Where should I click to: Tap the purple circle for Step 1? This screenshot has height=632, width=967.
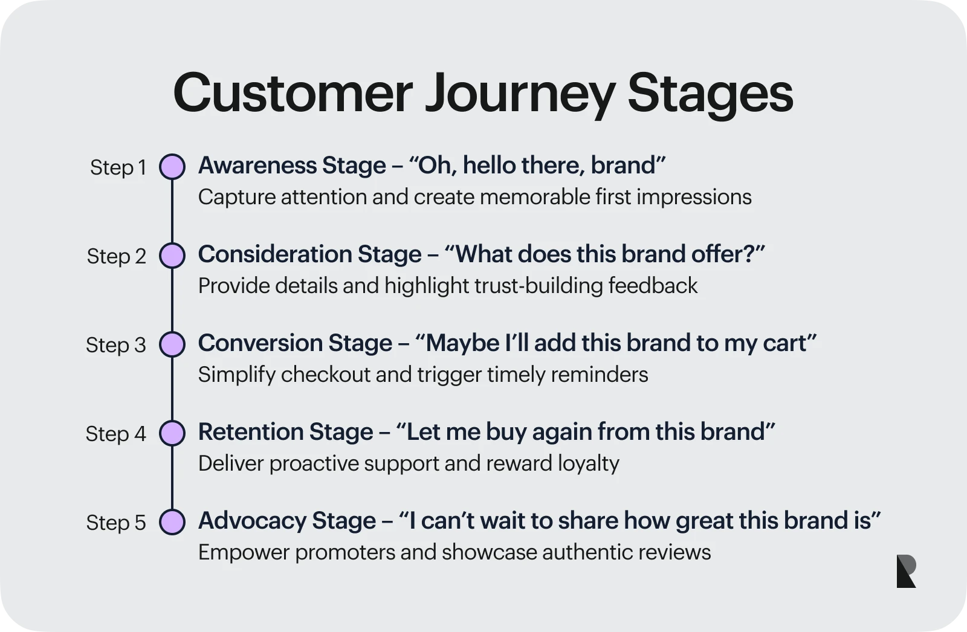click(x=172, y=167)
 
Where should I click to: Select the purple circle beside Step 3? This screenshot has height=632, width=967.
click(x=172, y=344)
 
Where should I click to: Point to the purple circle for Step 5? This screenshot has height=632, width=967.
click(x=172, y=522)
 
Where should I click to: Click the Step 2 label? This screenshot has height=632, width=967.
click(x=117, y=256)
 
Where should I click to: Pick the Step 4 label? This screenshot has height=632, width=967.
click(x=116, y=434)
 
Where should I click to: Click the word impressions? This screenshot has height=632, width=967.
click(x=694, y=198)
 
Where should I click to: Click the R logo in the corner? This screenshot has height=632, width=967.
click(x=906, y=571)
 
